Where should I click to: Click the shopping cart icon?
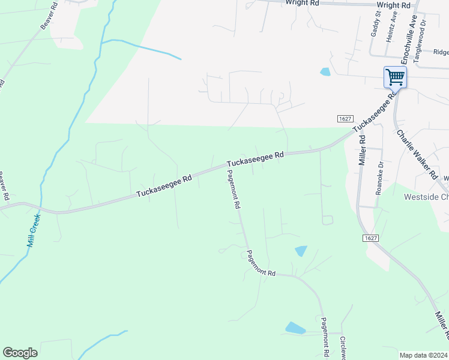point(395,77)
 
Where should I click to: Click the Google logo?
point(20,353)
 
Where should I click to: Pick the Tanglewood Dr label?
point(424,30)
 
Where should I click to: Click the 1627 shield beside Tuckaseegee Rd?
point(345,118)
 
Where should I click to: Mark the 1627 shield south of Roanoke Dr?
point(370,238)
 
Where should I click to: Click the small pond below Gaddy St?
point(325,72)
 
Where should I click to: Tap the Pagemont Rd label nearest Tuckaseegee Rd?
point(233,188)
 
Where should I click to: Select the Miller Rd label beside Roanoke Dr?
point(362,149)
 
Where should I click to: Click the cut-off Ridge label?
point(441,52)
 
